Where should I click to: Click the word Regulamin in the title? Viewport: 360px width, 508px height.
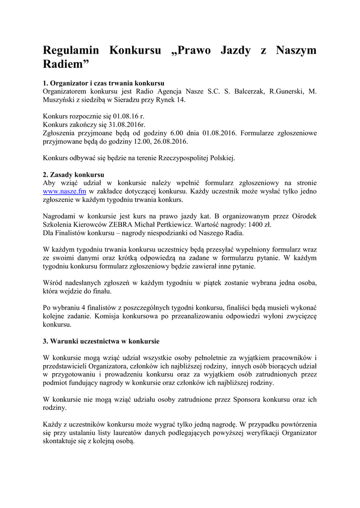[x=71, y=51]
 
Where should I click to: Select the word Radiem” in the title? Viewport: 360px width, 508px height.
[x=67, y=64]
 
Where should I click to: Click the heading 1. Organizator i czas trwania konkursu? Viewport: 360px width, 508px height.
[x=104, y=83]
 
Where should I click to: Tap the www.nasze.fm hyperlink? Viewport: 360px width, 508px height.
[x=65, y=191]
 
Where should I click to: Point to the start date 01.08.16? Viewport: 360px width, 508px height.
[x=126, y=116]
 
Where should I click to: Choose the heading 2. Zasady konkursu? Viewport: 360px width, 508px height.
[x=73, y=175]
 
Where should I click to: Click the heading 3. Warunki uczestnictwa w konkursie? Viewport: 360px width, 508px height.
[x=101, y=341]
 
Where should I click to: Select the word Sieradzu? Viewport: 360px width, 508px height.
[x=125, y=100]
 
